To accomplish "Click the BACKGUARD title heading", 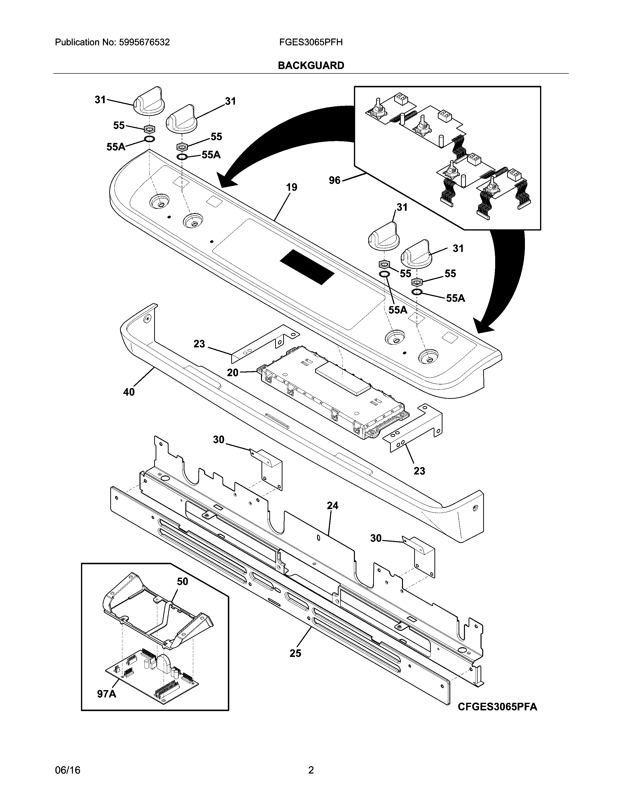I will [x=311, y=66].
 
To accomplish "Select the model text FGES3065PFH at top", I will [x=311, y=42].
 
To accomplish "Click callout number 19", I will [x=291, y=187].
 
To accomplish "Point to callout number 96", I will [x=335, y=181].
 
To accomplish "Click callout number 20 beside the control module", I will [x=232, y=373].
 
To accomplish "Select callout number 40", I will [x=129, y=392].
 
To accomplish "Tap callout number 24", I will [x=332, y=506].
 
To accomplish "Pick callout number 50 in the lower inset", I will [x=182, y=582].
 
